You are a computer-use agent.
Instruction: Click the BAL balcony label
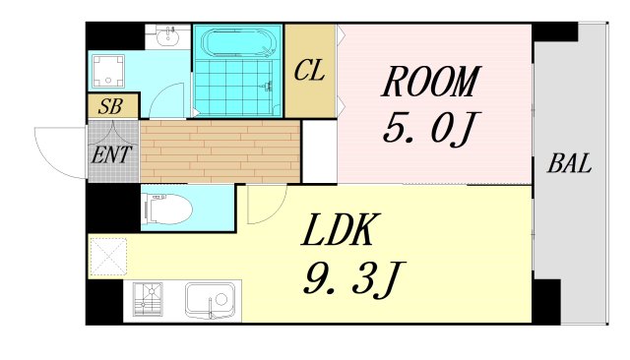[570, 164]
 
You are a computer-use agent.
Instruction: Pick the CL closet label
[309, 71]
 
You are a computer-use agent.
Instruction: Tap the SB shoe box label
[110, 105]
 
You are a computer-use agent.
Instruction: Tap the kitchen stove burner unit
[149, 300]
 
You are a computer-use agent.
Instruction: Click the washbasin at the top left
[166, 37]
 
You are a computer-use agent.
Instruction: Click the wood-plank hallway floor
[220, 150]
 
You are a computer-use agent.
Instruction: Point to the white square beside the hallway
[319, 150]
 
